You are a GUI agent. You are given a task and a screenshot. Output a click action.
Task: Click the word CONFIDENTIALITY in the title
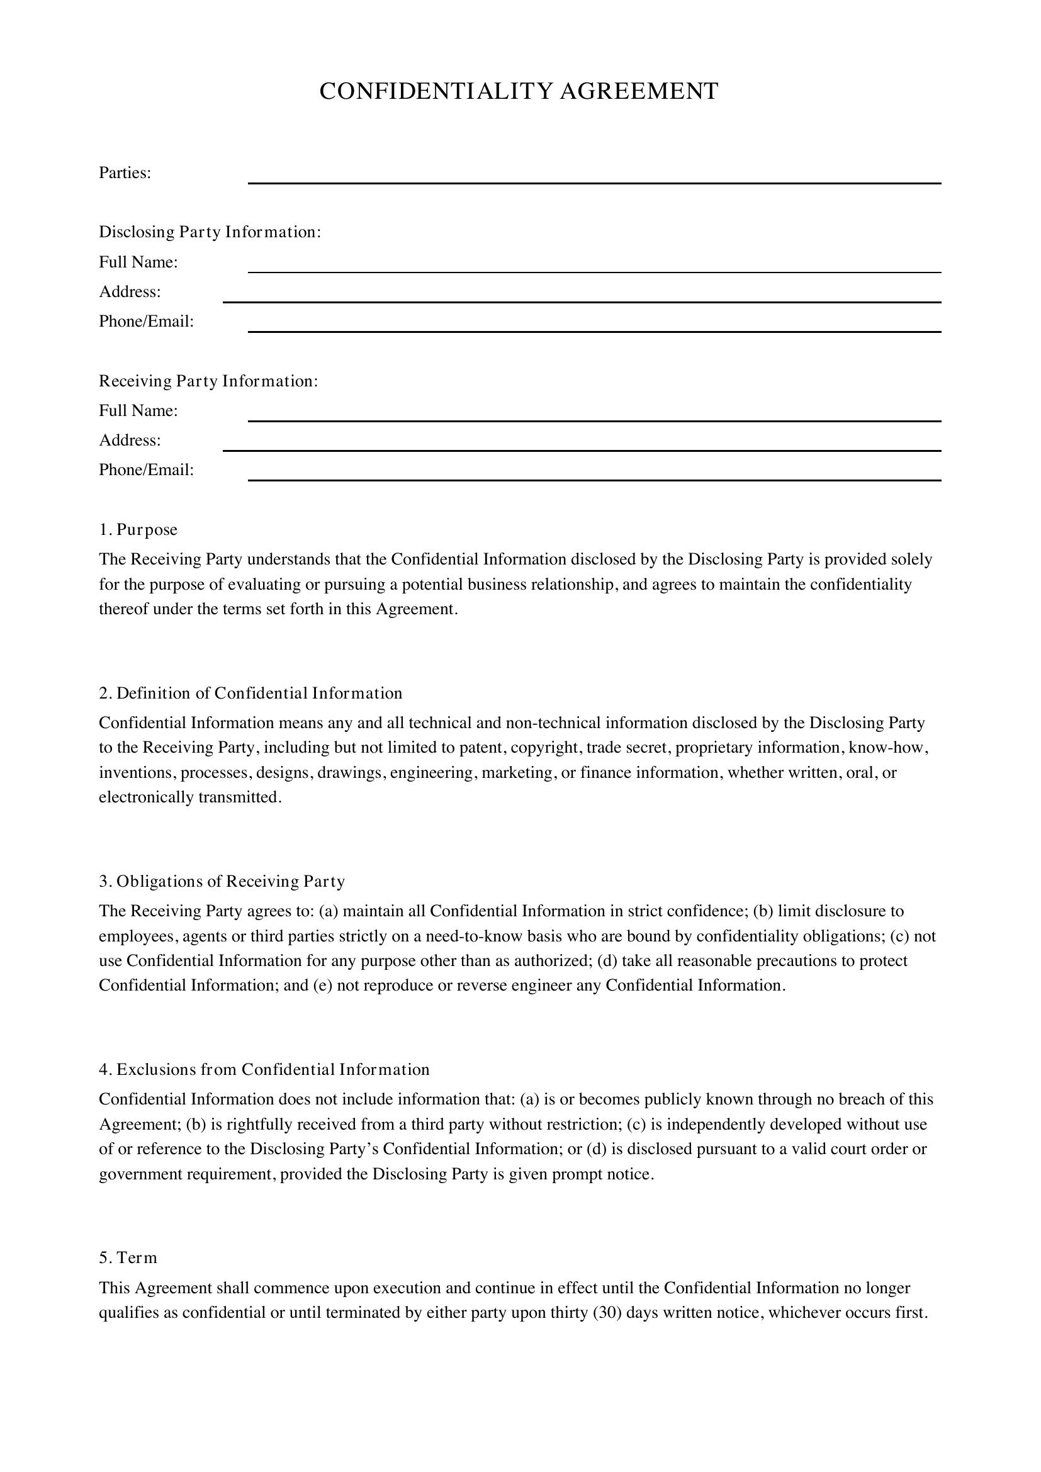[436, 92]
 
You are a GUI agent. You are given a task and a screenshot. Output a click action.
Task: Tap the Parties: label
[125, 173]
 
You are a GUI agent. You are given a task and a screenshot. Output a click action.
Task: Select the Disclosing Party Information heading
[210, 232]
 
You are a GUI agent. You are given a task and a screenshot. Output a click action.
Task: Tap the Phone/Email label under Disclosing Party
[146, 321]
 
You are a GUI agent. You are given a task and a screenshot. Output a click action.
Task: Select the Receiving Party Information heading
[208, 381]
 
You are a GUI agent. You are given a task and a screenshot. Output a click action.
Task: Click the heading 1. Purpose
[138, 529]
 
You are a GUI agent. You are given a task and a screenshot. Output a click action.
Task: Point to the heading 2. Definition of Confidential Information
[250, 693]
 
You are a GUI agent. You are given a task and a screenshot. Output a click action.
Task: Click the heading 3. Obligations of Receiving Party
[222, 882]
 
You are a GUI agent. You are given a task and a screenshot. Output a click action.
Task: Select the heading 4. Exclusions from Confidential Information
[264, 1069]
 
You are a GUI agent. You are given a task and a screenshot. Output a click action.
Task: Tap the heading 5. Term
[128, 1258]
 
